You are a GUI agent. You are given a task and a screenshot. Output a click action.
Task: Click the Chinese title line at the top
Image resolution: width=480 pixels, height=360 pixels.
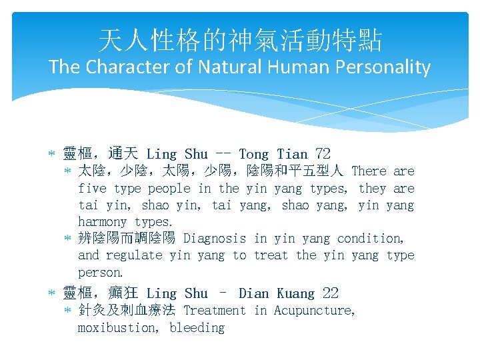(240, 41)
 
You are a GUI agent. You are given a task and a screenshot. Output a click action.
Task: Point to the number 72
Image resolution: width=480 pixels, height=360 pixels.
(322, 154)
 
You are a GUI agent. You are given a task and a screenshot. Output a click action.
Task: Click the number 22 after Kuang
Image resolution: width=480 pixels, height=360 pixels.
(330, 293)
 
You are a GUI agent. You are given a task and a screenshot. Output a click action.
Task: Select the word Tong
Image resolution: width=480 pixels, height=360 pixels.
(253, 154)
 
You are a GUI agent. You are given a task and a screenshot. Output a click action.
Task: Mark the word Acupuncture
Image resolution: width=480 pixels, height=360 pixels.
(315, 310)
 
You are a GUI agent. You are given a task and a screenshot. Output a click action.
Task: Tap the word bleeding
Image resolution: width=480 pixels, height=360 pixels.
(197, 327)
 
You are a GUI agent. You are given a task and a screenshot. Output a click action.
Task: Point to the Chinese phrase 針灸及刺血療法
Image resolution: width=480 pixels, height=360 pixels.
(127, 310)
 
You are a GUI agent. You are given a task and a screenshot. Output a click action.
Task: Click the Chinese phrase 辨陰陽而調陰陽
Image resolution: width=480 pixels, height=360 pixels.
(127, 238)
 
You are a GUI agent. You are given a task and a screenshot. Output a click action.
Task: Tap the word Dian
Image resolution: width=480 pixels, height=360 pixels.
(254, 293)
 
